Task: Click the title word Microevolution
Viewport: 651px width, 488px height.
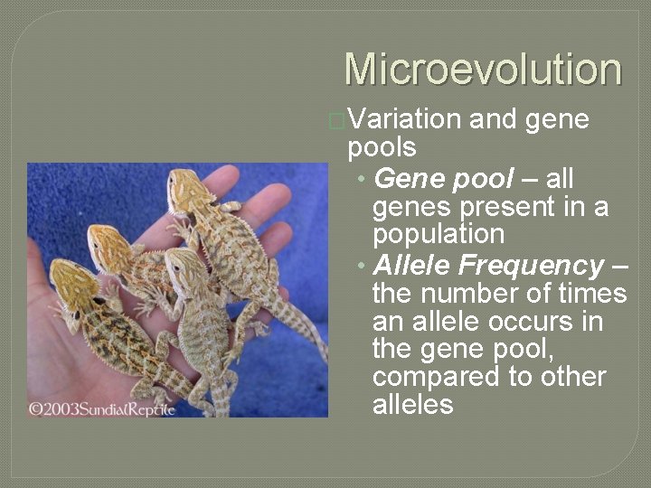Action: click(483, 70)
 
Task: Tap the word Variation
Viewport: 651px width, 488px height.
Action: click(404, 119)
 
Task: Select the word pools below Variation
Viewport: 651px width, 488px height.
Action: click(382, 146)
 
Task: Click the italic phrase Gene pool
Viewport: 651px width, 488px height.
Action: click(443, 178)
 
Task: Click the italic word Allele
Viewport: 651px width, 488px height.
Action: click(410, 265)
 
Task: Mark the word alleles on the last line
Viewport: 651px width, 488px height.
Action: click(412, 404)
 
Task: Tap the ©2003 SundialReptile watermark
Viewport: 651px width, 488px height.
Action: click(100, 408)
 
